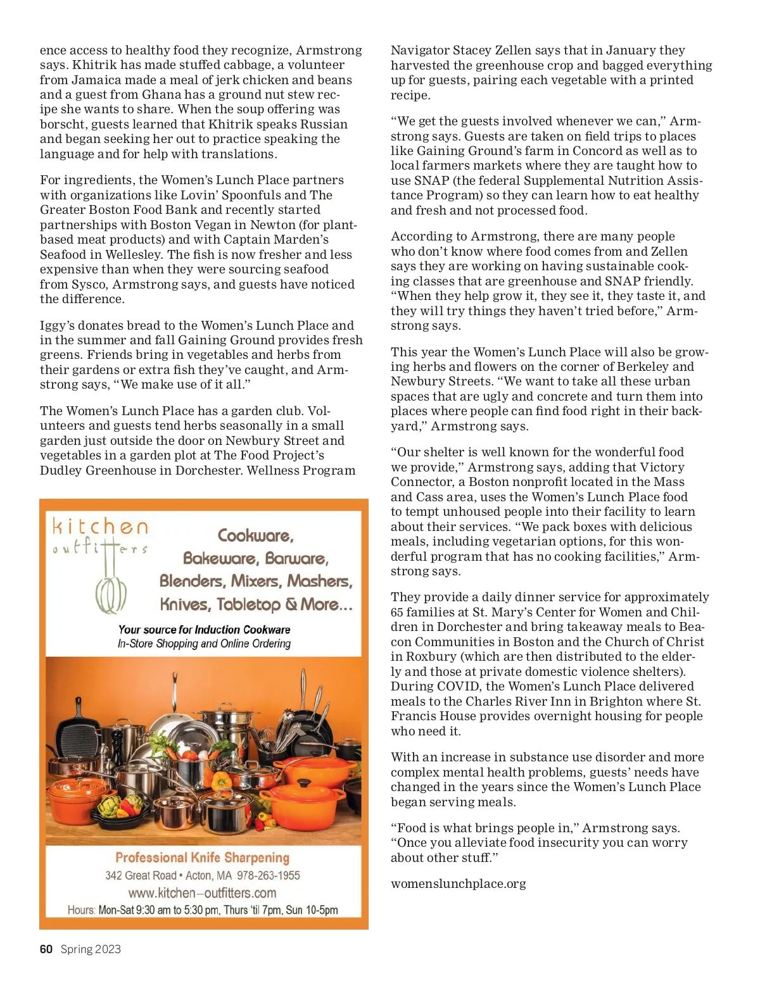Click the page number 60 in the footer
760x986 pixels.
(46, 949)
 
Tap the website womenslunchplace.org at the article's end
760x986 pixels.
(458, 883)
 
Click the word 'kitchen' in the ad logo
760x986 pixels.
(100, 527)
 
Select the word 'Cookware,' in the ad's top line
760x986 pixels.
(256, 535)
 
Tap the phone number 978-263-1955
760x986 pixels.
(269, 875)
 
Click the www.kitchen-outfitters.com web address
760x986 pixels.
(202, 893)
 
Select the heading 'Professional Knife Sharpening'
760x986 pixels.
(202, 858)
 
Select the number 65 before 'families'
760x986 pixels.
(397, 612)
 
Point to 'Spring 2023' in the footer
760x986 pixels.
(91, 949)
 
